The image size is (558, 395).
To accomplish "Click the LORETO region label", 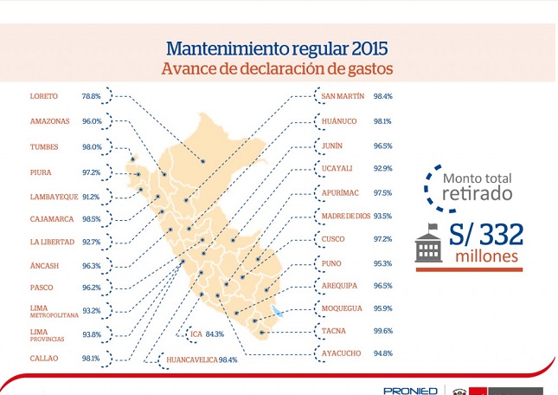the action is (x=44, y=96).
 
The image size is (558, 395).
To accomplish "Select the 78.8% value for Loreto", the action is (x=92, y=96).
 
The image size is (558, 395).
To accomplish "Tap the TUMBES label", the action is (x=44, y=146).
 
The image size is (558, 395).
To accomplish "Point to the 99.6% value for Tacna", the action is (x=383, y=331).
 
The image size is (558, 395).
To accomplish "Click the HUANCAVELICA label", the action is (x=192, y=359).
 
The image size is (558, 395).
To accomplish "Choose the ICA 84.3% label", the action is (x=207, y=334).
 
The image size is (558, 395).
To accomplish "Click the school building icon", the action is (x=429, y=243).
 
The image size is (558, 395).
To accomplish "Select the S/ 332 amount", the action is (x=486, y=235).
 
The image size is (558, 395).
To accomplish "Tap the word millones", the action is (x=486, y=256).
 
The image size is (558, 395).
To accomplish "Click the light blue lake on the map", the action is (x=277, y=311).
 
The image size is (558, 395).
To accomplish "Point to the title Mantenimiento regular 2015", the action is (x=277, y=49).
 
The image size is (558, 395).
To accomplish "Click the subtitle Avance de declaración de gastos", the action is (x=277, y=68).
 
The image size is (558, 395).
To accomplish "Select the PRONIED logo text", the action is (x=410, y=391).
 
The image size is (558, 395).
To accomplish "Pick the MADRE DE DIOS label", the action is (x=346, y=217).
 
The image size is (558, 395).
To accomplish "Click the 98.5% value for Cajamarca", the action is (x=92, y=219).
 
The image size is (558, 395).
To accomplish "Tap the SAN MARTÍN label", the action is (x=343, y=96).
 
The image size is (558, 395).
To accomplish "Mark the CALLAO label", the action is (x=44, y=359).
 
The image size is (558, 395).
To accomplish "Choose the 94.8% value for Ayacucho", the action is (x=383, y=353).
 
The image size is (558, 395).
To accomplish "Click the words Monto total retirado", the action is (x=478, y=187).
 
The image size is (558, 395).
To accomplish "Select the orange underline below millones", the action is (x=470, y=269).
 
